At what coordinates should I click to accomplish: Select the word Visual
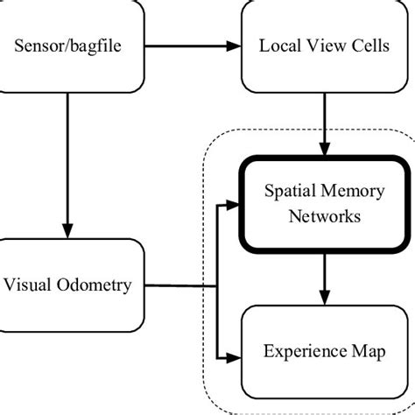click(x=32, y=285)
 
